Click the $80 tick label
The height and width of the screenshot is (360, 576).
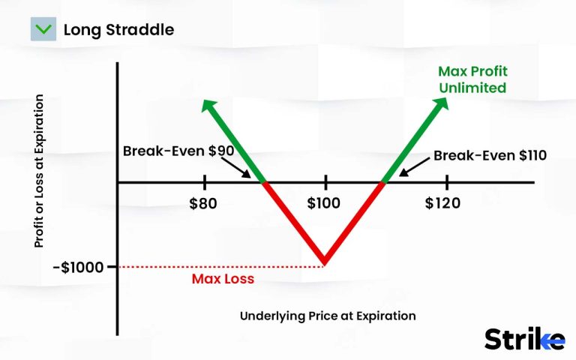(x=205, y=203)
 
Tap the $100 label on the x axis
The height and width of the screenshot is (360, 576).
(x=324, y=203)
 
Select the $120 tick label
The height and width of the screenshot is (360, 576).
(x=447, y=203)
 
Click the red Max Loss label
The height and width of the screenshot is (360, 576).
(x=223, y=279)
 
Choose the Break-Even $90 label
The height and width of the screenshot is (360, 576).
(x=178, y=151)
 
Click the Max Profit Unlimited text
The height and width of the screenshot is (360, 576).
(x=473, y=80)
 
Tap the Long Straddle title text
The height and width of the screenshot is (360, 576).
(x=118, y=31)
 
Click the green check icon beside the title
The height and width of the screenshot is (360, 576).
(x=43, y=30)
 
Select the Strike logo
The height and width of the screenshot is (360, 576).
(x=524, y=338)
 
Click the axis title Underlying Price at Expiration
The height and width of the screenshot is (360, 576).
(x=327, y=316)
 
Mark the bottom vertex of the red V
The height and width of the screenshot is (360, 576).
(x=325, y=262)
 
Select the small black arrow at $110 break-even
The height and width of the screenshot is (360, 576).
(x=402, y=172)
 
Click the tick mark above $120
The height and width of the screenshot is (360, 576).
(x=447, y=182)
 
